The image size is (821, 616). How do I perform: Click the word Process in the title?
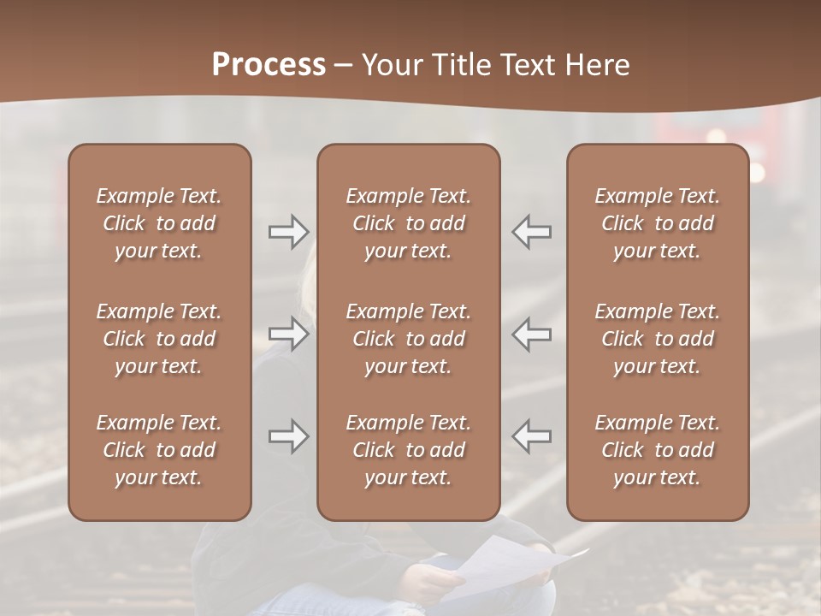(269, 65)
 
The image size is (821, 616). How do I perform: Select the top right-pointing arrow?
(288, 231)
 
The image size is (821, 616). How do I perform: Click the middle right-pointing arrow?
(288, 334)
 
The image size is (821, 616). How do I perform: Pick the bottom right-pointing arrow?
(288, 436)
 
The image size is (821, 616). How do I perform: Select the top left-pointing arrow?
(531, 231)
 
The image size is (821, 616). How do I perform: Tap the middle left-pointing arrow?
(531, 334)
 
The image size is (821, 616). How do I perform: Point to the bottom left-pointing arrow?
(531, 436)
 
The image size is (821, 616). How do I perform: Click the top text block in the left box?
(159, 223)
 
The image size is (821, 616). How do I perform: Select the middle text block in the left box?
(159, 339)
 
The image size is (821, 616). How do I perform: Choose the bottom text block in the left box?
(159, 450)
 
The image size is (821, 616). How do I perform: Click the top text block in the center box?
(408, 223)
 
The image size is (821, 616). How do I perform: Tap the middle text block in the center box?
(408, 339)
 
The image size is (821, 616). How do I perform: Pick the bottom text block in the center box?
(408, 450)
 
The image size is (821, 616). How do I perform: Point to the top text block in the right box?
(657, 223)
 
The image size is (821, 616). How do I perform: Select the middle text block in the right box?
(657, 339)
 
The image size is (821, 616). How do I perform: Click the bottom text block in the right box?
(657, 450)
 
